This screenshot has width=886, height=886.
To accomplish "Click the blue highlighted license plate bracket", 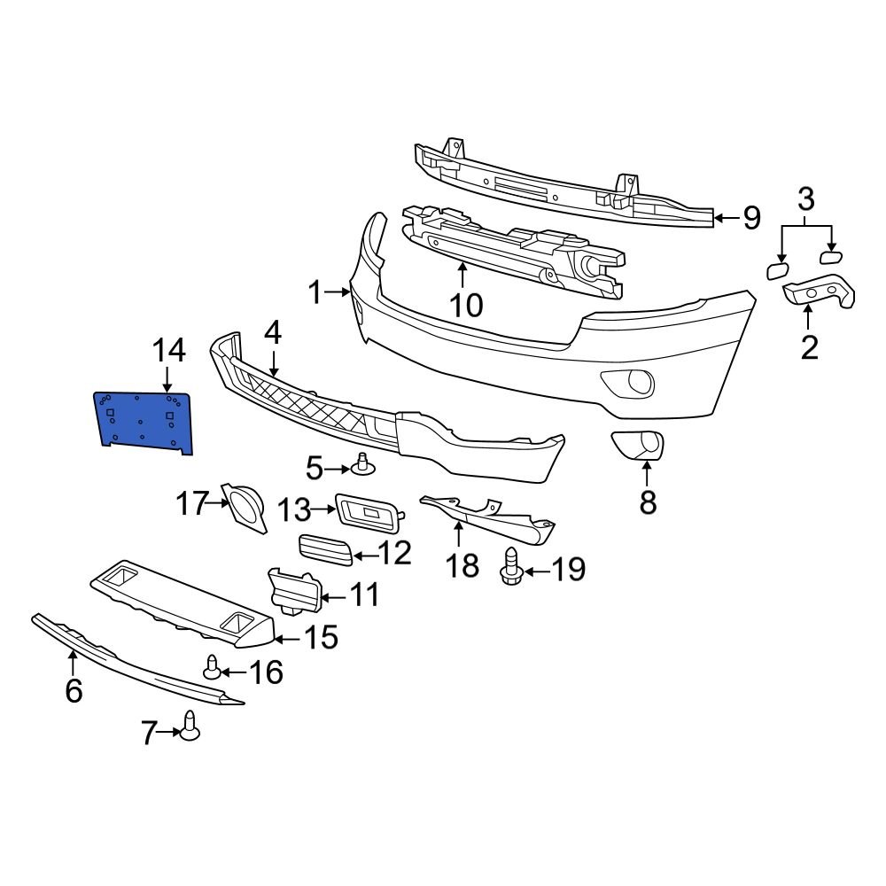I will tap(144, 421).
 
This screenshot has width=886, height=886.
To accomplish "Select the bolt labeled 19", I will tap(510, 567).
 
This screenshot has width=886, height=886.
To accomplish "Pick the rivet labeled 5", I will tap(361, 463).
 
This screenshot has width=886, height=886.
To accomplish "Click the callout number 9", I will tap(751, 217).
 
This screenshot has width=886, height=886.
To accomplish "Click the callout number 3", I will tap(805, 200).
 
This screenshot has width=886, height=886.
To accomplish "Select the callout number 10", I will tap(465, 306).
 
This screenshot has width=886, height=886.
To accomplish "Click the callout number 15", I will tap(321, 636).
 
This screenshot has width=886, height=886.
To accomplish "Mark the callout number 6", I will tap(73, 689).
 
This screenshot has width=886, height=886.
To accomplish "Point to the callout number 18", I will tap(462, 564).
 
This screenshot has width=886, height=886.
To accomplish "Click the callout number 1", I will tap(317, 291).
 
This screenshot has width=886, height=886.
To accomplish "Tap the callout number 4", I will tap(272, 333).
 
